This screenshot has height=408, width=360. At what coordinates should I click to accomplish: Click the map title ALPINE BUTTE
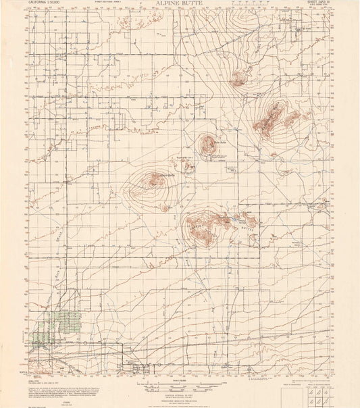180,4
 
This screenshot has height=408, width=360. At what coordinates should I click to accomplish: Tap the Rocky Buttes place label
184,158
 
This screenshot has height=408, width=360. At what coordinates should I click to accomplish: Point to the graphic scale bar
180,384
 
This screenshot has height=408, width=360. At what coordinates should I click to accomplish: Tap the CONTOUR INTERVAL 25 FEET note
180,391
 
